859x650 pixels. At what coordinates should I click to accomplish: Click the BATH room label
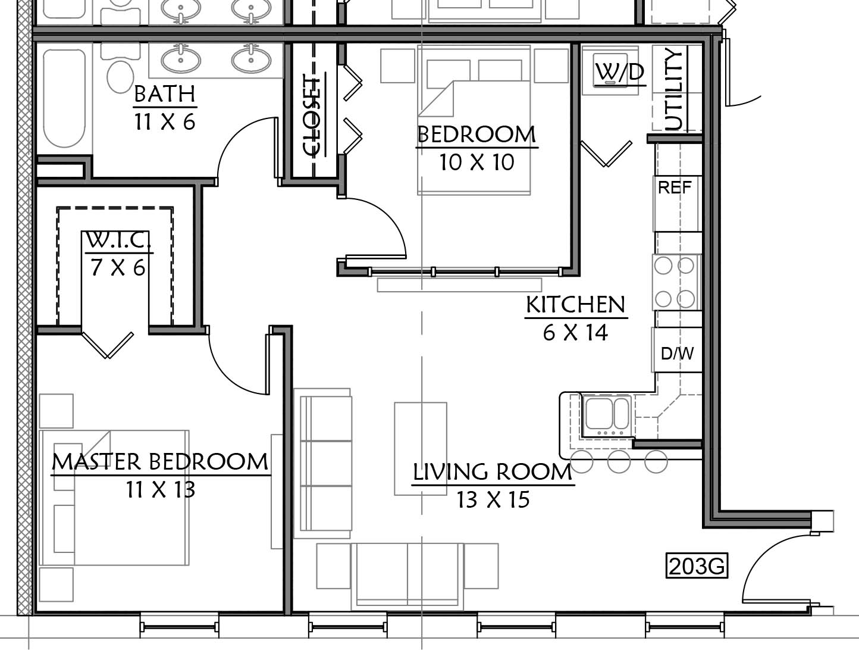pos(165,93)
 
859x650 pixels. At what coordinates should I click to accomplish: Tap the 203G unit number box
pos(697,566)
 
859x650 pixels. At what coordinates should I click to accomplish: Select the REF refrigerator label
pos(675,187)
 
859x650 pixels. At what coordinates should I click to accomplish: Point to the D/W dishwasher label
pos(677,354)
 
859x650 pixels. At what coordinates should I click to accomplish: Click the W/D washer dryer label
pos(619,73)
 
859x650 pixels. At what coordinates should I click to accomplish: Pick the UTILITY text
pos(673,90)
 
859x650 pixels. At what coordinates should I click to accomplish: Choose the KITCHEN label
pos(575,305)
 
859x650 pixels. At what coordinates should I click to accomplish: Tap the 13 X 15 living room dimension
pos(493,500)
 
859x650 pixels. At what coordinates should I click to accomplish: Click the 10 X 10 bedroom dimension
pos(476,162)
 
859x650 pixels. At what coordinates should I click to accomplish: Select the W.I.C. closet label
pos(118,240)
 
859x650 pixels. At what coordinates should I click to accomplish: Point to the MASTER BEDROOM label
pos(160,462)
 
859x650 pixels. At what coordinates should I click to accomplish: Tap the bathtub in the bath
pos(64,98)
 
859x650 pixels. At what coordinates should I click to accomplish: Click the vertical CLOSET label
pos(312,116)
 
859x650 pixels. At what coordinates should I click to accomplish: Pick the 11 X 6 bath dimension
pos(165,122)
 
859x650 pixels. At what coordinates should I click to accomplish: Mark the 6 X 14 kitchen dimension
pos(575,332)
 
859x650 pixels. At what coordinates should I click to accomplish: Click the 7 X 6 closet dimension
pos(118,268)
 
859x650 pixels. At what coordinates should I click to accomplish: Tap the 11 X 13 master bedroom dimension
pos(161,489)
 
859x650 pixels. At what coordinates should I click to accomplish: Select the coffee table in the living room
pos(421,449)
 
